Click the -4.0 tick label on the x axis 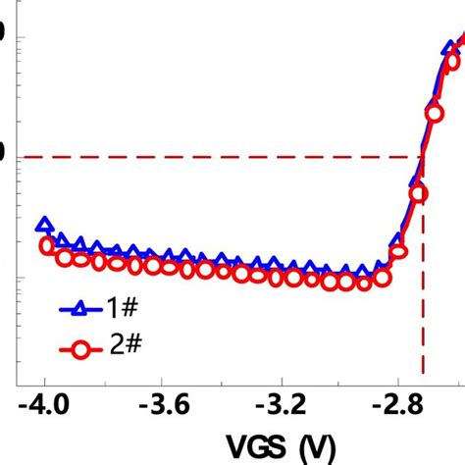(43, 405)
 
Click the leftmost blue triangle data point (43, 225)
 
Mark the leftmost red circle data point (45, 245)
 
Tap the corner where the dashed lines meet (423, 156)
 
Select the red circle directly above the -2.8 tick (397, 251)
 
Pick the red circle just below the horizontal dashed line (419, 192)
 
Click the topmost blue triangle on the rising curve (450, 46)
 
